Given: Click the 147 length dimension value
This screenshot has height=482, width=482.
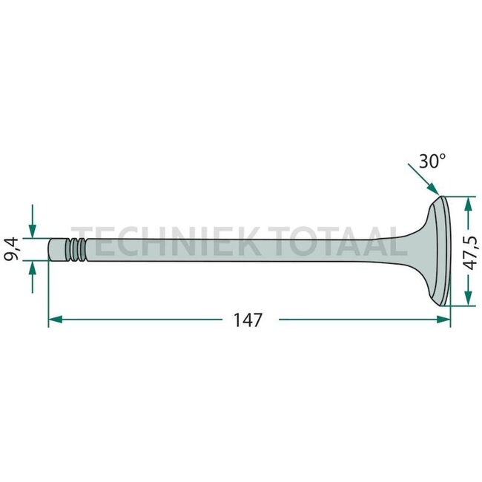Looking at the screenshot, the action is point(248,320).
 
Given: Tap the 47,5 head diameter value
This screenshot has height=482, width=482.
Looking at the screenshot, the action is point(471,253).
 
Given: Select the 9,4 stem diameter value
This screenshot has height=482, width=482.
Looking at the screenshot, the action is point(12,249).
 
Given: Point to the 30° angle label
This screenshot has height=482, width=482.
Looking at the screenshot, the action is point(432,161).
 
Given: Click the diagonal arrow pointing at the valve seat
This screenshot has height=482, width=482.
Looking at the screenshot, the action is point(423,179).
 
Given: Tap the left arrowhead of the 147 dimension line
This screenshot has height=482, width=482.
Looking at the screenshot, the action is point(56,320).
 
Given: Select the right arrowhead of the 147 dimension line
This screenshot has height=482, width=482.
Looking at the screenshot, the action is point(443,320).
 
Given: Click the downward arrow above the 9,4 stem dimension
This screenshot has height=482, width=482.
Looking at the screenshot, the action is point(33,221).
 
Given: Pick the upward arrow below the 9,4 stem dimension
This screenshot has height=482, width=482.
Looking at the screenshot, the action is point(33,277).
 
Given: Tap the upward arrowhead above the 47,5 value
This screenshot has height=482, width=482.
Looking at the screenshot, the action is point(468,204).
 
